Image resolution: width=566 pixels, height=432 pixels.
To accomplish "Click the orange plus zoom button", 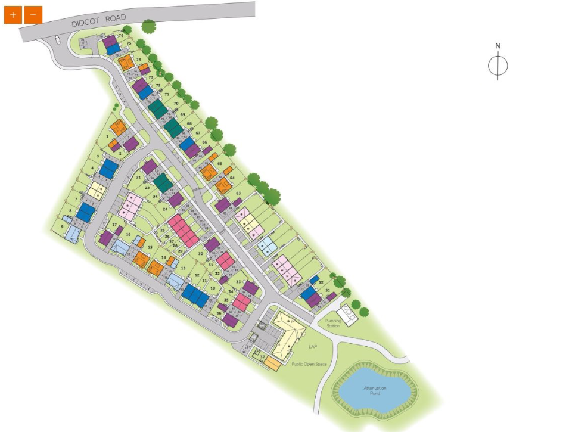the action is (x=13, y=15).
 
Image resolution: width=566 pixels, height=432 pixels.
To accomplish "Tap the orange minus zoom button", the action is (x=33, y=15).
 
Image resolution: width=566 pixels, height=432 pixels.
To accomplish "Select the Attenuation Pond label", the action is (x=375, y=391).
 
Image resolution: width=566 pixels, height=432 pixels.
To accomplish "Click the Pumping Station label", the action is (x=333, y=324).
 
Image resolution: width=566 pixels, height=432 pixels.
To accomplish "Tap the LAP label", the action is (x=312, y=346).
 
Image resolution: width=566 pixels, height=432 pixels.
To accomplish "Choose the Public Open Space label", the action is (x=309, y=364).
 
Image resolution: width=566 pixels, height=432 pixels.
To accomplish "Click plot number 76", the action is (x=121, y=36).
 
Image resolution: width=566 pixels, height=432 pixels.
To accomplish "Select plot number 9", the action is (x=62, y=226).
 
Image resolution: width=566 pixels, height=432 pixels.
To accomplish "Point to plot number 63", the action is (x=238, y=193).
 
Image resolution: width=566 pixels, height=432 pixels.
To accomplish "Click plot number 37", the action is (x=262, y=357).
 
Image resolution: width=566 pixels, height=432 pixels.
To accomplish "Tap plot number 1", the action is (x=108, y=136).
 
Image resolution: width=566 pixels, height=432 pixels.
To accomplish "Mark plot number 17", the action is (x=114, y=224).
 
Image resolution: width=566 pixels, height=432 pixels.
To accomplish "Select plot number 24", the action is (x=166, y=209).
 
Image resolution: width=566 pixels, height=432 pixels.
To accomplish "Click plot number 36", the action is (x=219, y=313).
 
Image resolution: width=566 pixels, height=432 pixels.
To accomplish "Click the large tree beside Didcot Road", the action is (x=148, y=26).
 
